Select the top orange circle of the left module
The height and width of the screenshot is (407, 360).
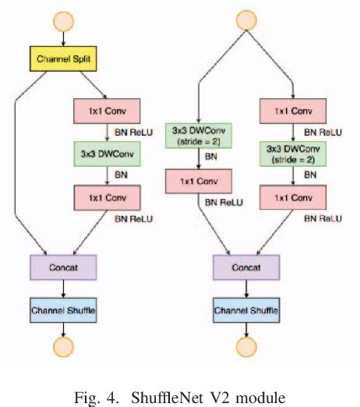pyautogui.click(x=62, y=19)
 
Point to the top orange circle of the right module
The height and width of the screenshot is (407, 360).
pyautogui.click(x=245, y=19)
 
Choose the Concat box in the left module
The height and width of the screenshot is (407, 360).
pyautogui.click(x=62, y=267)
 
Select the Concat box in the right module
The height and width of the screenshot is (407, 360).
pyautogui.click(x=245, y=267)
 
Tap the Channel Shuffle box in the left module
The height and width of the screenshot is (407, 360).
pyautogui.click(x=62, y=310)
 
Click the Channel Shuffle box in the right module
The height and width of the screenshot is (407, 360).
pyautogui.click(x=245, y=310)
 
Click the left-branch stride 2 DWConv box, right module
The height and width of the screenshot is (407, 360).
pyautogui.click(x=199, y=134)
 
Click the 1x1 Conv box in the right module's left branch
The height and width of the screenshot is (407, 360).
pyautogui.click(x=199, y=182)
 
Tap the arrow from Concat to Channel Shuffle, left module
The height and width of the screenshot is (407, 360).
pyautogui.click(x=62, y=288)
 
